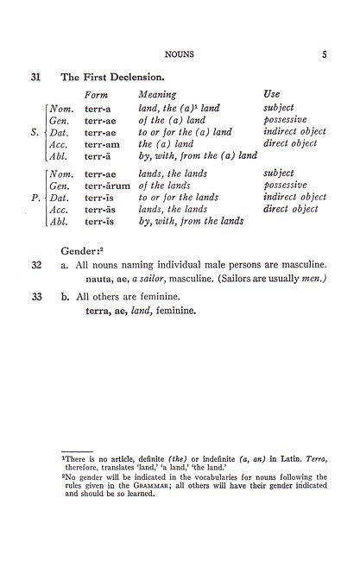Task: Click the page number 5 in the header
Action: tap(324, 54)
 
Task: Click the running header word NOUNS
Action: tap(180, 54)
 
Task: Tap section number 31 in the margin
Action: tap(36, 77)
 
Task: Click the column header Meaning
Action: tap(157, 94)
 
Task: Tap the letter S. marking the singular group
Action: tap(35, 132)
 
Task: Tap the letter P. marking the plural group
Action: tap(35, 197)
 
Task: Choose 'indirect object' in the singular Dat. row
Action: tap(294, 132)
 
